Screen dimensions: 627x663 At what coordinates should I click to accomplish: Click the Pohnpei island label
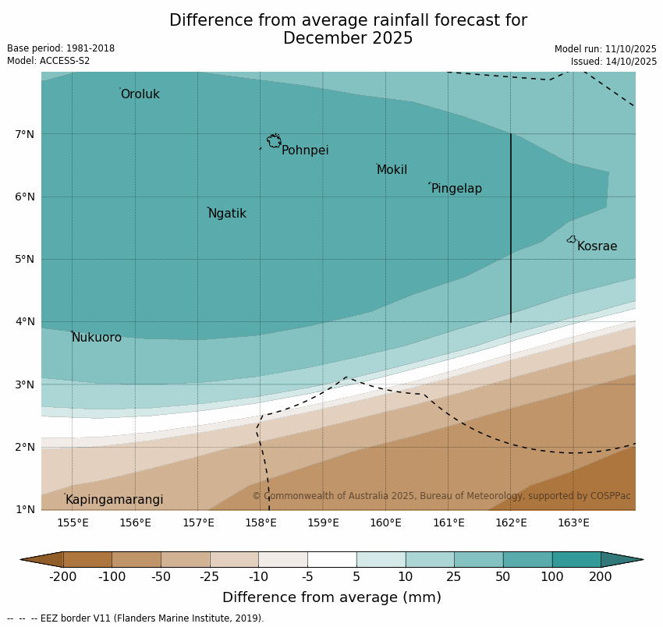click(305, 151)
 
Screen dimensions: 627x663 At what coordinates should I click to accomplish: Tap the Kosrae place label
click(597, 246)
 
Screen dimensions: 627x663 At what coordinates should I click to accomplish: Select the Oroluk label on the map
click(140, 94)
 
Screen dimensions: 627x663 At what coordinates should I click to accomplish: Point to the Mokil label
click(392, 170)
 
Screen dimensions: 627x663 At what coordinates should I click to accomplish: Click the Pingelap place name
click(456, 189)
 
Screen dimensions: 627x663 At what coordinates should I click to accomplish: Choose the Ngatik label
click(227, 214)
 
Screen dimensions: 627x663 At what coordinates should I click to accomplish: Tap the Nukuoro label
click(97, 338)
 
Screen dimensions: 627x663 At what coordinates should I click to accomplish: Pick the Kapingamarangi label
click(114, 500)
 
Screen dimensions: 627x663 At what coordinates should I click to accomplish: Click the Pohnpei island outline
click(274, 141)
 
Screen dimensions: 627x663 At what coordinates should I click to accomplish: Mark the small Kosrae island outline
click(572, 239)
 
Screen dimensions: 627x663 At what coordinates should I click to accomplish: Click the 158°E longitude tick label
click(261, 522)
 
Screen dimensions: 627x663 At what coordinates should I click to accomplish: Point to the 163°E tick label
click(573, 522)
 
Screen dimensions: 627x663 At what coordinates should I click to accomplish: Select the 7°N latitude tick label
click(25, 134)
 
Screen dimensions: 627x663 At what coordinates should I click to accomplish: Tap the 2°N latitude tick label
click(25, 447)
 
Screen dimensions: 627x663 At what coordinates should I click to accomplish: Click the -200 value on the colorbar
click(63, 577)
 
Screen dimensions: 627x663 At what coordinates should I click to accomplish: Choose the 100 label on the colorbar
click(551, 577)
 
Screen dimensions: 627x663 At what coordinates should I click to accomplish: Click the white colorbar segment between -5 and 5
click(331, 559)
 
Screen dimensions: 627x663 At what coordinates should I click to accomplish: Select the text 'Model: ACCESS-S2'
click(48, 61)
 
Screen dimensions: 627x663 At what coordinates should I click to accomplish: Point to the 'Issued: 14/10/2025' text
click(613, 61)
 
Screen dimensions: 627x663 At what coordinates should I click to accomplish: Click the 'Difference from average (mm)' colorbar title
click(331, 598)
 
